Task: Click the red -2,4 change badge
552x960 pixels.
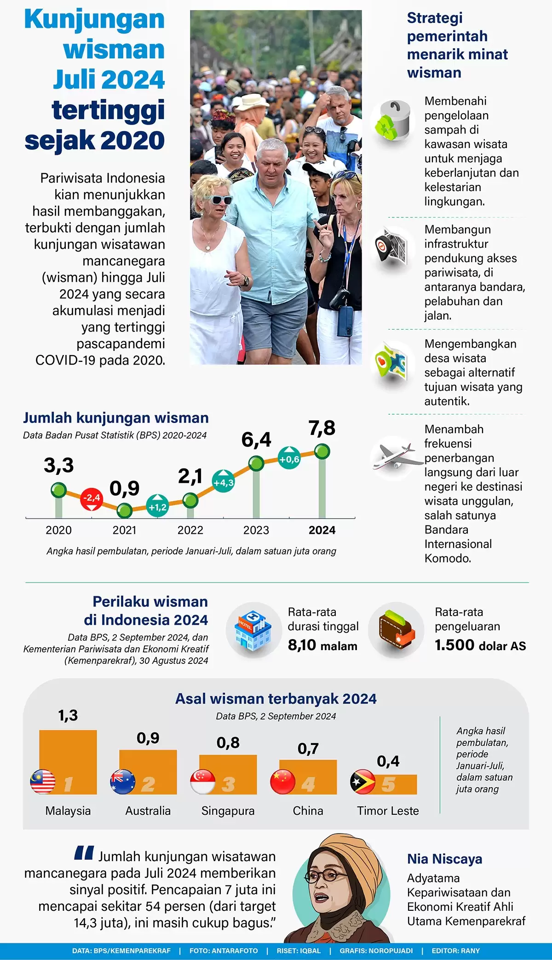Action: (92, 498)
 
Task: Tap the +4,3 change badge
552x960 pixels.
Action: (223, 482)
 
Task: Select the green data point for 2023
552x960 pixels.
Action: (256, 463)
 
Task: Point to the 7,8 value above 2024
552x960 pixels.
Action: (322, 429)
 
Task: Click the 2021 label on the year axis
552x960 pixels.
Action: (124, 530)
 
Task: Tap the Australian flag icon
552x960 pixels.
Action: (123, 782)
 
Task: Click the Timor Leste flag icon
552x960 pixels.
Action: (363, 782)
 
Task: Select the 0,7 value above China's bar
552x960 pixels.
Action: (308, 749)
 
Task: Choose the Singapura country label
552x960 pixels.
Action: (228, 811)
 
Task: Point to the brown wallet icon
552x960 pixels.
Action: (396, 630)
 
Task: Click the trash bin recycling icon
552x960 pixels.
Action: (393, 121)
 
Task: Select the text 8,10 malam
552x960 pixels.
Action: (322, 646)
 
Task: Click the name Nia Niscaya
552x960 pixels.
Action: (444, 859)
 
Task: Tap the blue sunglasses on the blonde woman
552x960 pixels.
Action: (216, 200)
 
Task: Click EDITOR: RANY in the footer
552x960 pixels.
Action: (455, 951)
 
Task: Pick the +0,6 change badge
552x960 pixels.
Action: (289, 458)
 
